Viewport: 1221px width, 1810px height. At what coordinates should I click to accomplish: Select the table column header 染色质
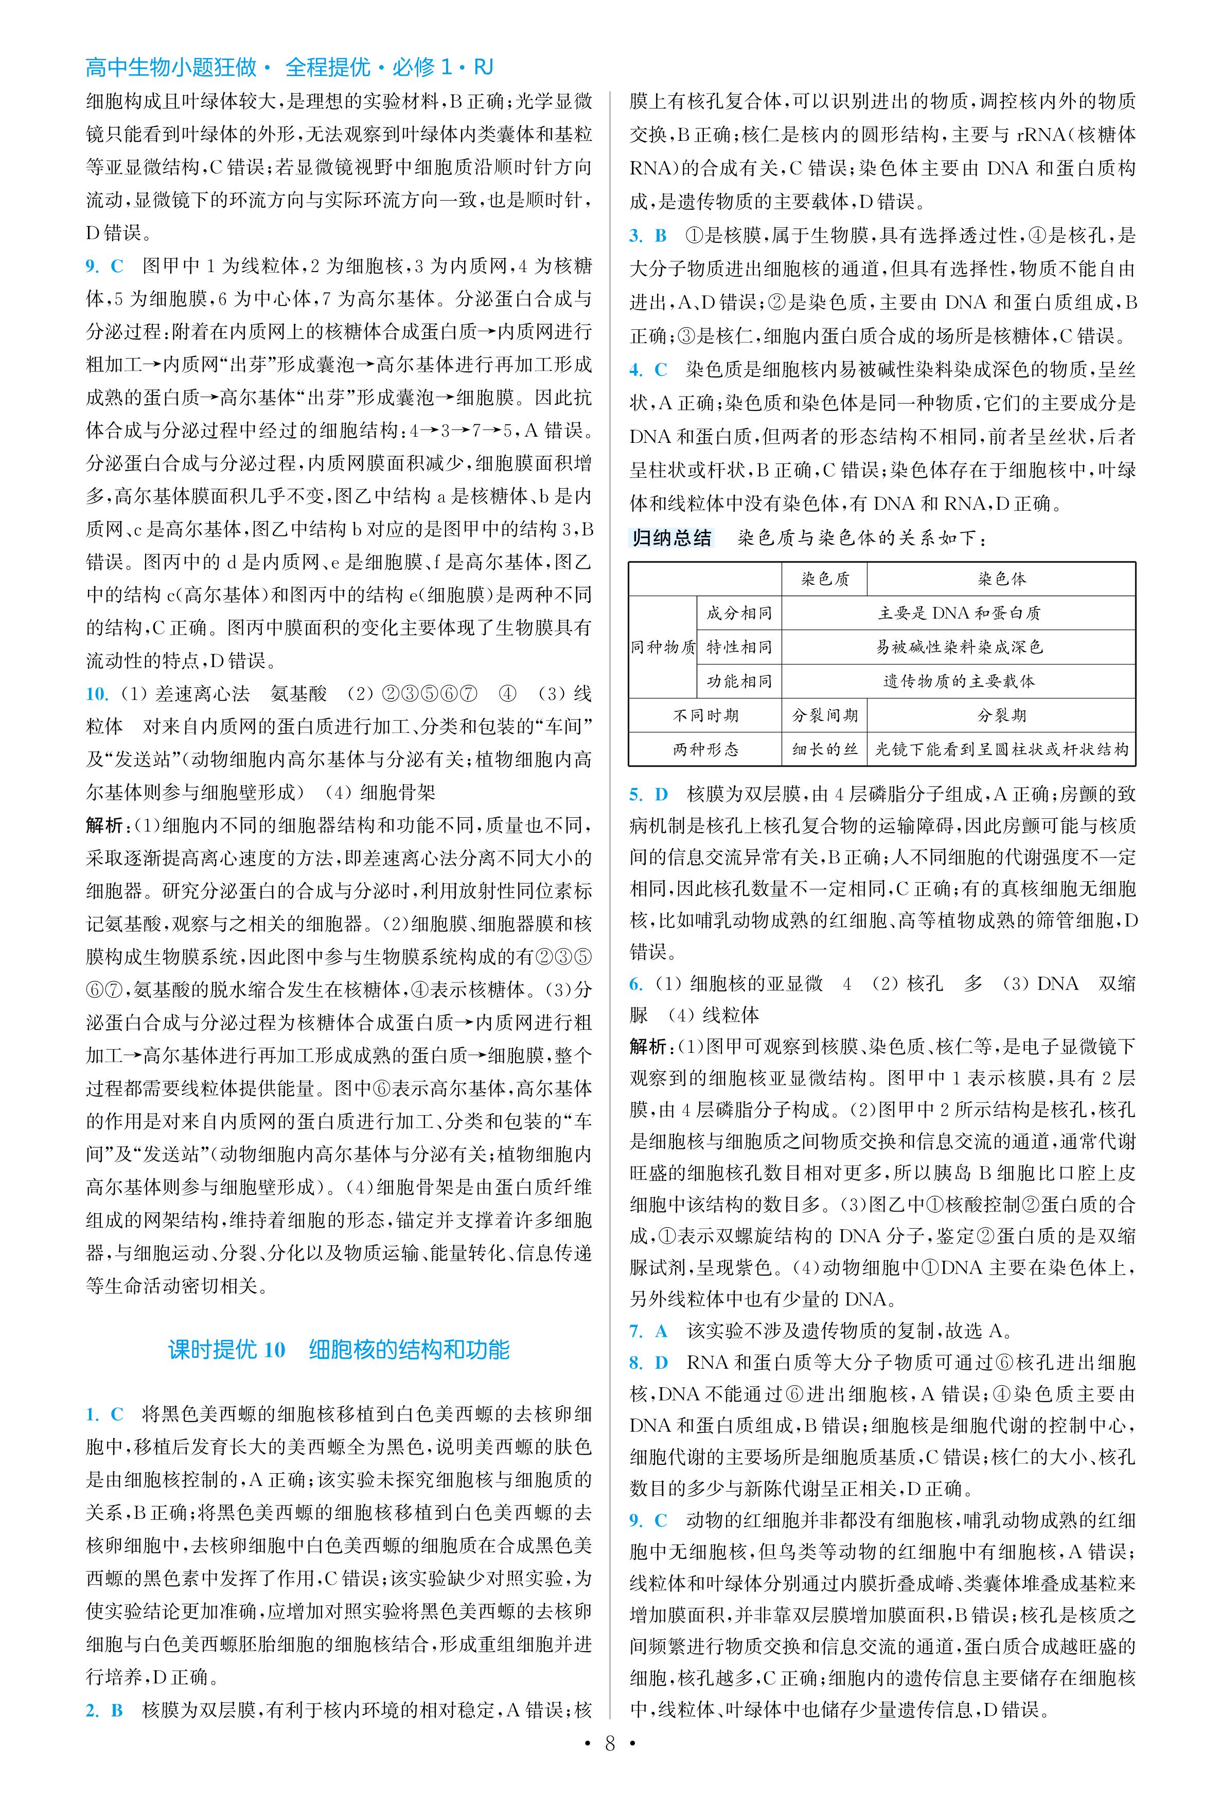(x=825, y=579)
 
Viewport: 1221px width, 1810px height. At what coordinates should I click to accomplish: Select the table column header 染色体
(x=1001, y=579)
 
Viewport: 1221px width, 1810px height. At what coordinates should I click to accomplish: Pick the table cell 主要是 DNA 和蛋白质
(x=959, y=613)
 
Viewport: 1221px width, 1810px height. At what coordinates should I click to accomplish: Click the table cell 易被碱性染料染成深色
(x=959, y=647)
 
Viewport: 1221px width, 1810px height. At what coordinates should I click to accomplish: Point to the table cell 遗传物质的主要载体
(x=959, y=681)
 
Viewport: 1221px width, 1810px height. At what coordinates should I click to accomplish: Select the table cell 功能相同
(x=739, y=681)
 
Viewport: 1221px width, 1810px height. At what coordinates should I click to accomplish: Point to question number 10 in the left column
(x=97, y=694)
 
